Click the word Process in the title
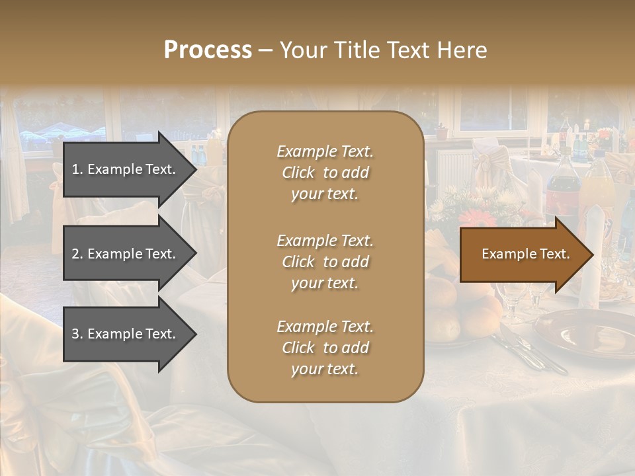coord(208,50)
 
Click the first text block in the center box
coord(325,173)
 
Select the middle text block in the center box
coord(325,262)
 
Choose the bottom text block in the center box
coord(325,348)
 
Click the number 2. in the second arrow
coord(77,254)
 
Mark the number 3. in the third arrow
coord(77,334)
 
